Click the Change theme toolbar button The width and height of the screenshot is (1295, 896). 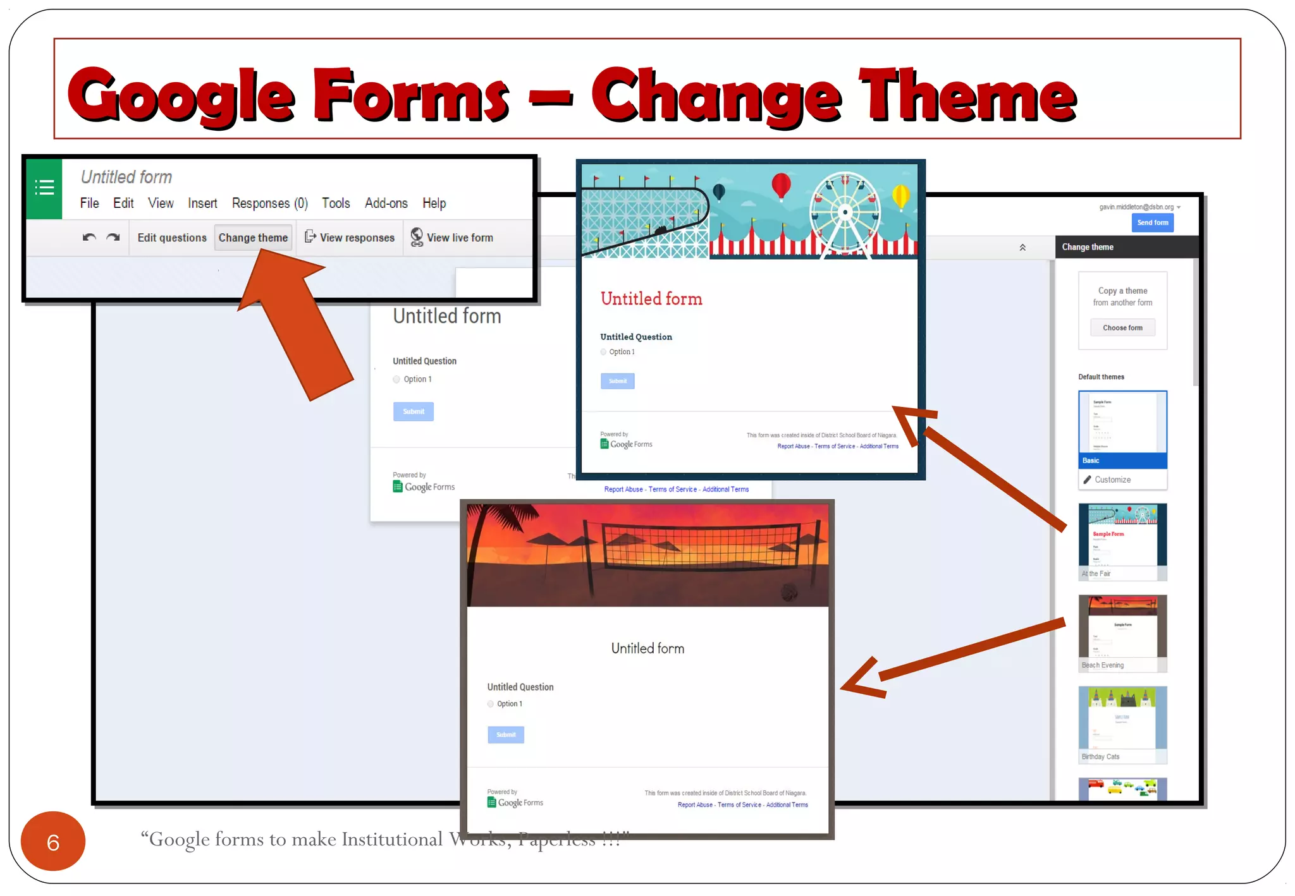[x=253, y=238]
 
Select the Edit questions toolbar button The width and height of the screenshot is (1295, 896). [x=172, y=238]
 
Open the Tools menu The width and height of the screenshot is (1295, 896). [x=336, y=203]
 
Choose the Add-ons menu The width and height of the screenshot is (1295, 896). [x=386, y=203]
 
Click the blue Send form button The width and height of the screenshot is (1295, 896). [x=1152, y=222]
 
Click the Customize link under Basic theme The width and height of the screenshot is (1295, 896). [x=1112, y=480]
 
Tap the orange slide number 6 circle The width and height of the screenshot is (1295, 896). [x=53, y=842]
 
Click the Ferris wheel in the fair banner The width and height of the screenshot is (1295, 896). [x=845, y=211]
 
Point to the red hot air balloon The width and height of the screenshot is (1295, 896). [x=782, y=186]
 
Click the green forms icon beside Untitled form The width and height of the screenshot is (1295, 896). [x=44, y=188]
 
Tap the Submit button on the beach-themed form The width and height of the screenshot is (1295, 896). [x=506, y=734]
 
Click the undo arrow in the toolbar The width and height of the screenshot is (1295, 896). [x=89, y=238]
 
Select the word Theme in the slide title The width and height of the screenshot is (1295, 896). [x=967, y=96]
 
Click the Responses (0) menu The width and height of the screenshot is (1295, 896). [x=269, y=203]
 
